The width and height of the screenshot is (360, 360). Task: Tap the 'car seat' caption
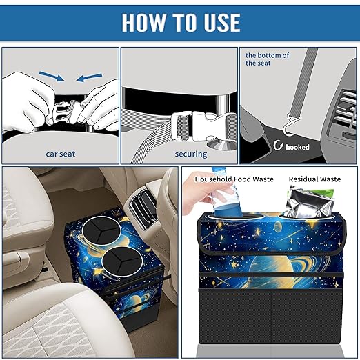[x=60, y=154]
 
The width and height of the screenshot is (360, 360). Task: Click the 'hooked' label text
[x=297, y=147]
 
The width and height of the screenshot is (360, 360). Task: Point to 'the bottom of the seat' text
[x=268, y=59]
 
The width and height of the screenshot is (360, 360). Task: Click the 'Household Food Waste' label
[x=234, y=179]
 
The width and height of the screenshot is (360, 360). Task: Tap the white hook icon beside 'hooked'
[x=279, y=146]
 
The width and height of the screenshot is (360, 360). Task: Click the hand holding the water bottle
[x=204, y=195]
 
